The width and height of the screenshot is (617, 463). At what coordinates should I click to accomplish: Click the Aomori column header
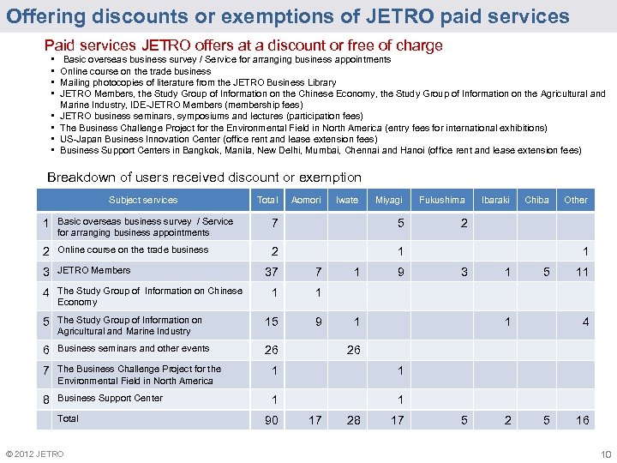306,200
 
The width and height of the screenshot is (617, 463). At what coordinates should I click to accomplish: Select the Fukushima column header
441,200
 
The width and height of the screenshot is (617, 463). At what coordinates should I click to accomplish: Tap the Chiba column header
536,200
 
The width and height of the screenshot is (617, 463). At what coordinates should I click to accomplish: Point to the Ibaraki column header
494,200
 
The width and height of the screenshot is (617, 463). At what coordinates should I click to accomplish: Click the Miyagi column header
388,200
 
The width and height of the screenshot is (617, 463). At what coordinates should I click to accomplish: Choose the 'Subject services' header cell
143,200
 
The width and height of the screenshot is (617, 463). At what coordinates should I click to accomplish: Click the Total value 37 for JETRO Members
272,273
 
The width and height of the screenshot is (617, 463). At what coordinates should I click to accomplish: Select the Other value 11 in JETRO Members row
582,273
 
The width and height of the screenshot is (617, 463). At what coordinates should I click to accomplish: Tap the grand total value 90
272,420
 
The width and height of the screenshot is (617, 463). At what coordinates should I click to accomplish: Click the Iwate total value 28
353,420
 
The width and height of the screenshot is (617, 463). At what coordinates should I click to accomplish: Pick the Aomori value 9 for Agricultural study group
318,322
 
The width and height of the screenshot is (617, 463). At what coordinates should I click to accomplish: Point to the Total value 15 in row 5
272,322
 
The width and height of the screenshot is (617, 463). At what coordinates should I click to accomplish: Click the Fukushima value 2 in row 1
464,223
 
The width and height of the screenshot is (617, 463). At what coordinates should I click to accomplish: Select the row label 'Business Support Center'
110,398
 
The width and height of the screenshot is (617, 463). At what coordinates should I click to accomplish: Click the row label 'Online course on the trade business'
133,250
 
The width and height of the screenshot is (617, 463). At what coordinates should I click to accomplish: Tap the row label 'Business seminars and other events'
133,348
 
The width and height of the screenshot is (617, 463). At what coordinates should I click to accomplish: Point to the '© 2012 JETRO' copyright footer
33,454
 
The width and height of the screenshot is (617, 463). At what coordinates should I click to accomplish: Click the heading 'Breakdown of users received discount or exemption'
204,177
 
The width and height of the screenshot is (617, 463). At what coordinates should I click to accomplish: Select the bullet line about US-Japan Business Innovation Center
219,139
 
